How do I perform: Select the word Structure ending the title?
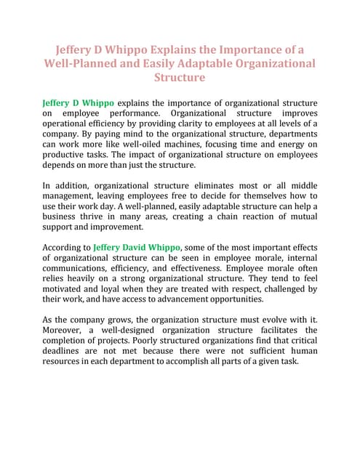[180, 77]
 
